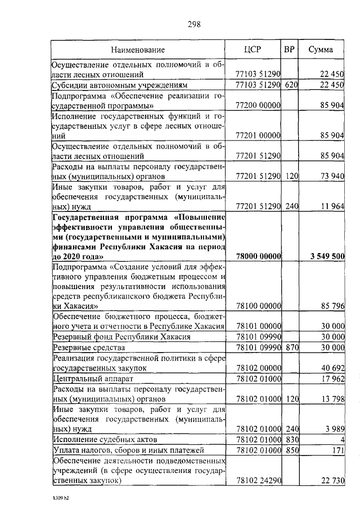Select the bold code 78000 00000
(x=258, y=256)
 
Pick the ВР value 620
(x=290, y=85)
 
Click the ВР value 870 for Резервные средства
(x=290, y=348)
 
